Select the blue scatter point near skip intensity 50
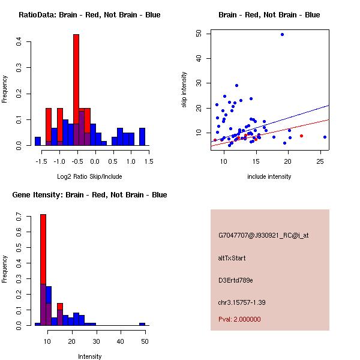pyautogui.click(x=282, y=34)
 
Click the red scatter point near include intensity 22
pyautogui.click(x=301, y=136)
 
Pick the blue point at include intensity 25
pyautogui.click(x=325, y=137)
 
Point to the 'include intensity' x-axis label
pyautogui.click(x=269, y=176)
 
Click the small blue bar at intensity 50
pyautogui.click(x=142, y=324)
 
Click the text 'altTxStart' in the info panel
pyautogui.click(x=232, y=258)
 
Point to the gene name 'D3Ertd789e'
pyautogui.click(x=236, y=280)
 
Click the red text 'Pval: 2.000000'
pyautogui.click(x=239, y=319)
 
